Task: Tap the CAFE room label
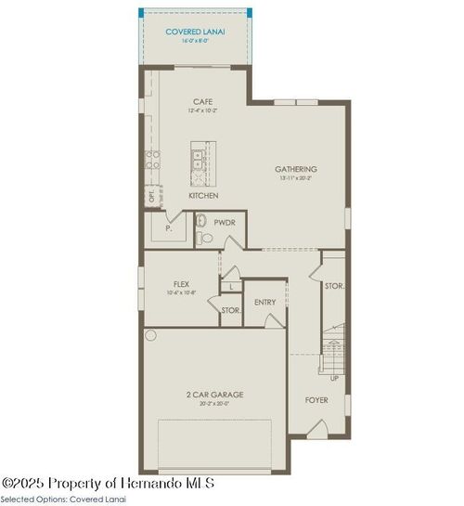203,102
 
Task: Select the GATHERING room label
295,169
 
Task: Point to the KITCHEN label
203,196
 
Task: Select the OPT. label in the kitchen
151,197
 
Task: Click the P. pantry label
168,227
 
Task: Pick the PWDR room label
224,223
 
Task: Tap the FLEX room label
181,284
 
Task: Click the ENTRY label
264,302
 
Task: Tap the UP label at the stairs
334,379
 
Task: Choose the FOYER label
317,400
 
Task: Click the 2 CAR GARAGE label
214,394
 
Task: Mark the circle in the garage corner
151,335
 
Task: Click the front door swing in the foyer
317,430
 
